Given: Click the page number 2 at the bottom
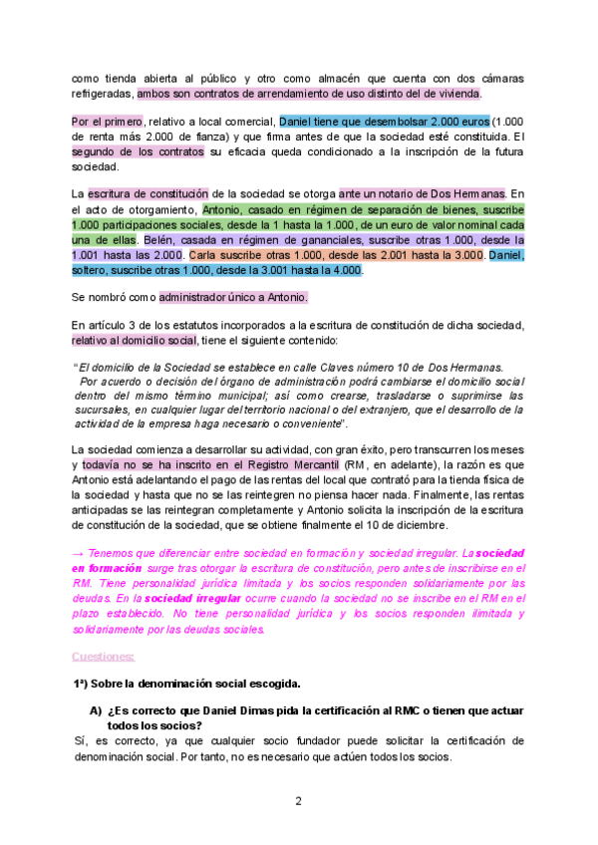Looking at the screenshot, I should [298, 801].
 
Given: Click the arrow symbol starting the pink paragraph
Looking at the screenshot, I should [79, 552].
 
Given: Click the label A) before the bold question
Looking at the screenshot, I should [96, 709].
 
